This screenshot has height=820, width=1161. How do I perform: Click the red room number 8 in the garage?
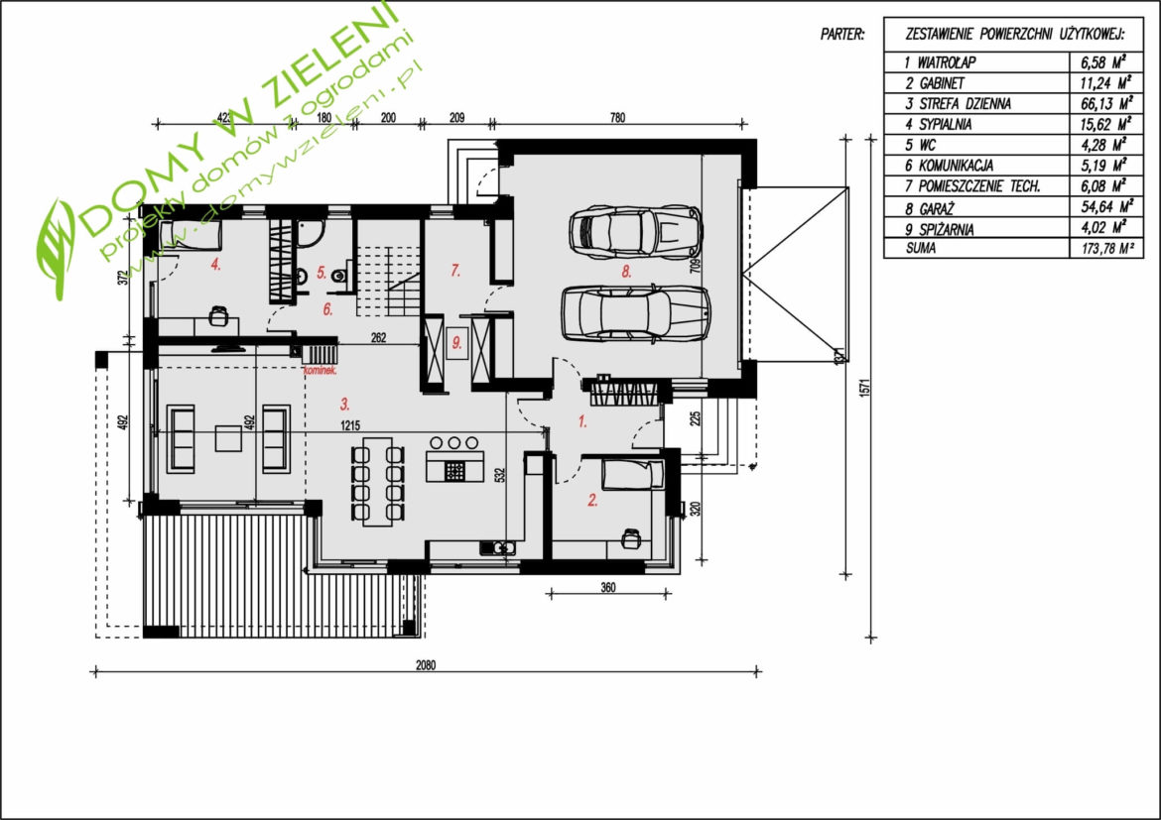coord(626,272)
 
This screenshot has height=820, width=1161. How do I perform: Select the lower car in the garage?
coord(635,313)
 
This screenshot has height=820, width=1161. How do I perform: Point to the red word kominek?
coord(320,370)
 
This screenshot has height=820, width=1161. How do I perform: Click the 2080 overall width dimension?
coord(426,665)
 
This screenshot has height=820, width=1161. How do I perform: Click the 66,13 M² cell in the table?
coord(1107,103)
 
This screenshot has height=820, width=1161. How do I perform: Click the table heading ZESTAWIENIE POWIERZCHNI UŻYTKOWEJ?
coord(1015,35)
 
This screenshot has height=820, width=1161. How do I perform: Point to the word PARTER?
coord(841,35)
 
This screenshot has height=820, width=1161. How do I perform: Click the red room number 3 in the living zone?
coord(344,405)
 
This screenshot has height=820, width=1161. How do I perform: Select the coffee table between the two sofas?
coord(228,437)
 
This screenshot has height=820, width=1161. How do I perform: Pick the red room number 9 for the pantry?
coord(456,343)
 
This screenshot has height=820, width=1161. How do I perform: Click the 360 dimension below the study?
coord(608,588)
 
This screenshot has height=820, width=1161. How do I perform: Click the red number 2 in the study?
coord(592,501)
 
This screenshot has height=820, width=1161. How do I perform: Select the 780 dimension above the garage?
coord(617,117)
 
